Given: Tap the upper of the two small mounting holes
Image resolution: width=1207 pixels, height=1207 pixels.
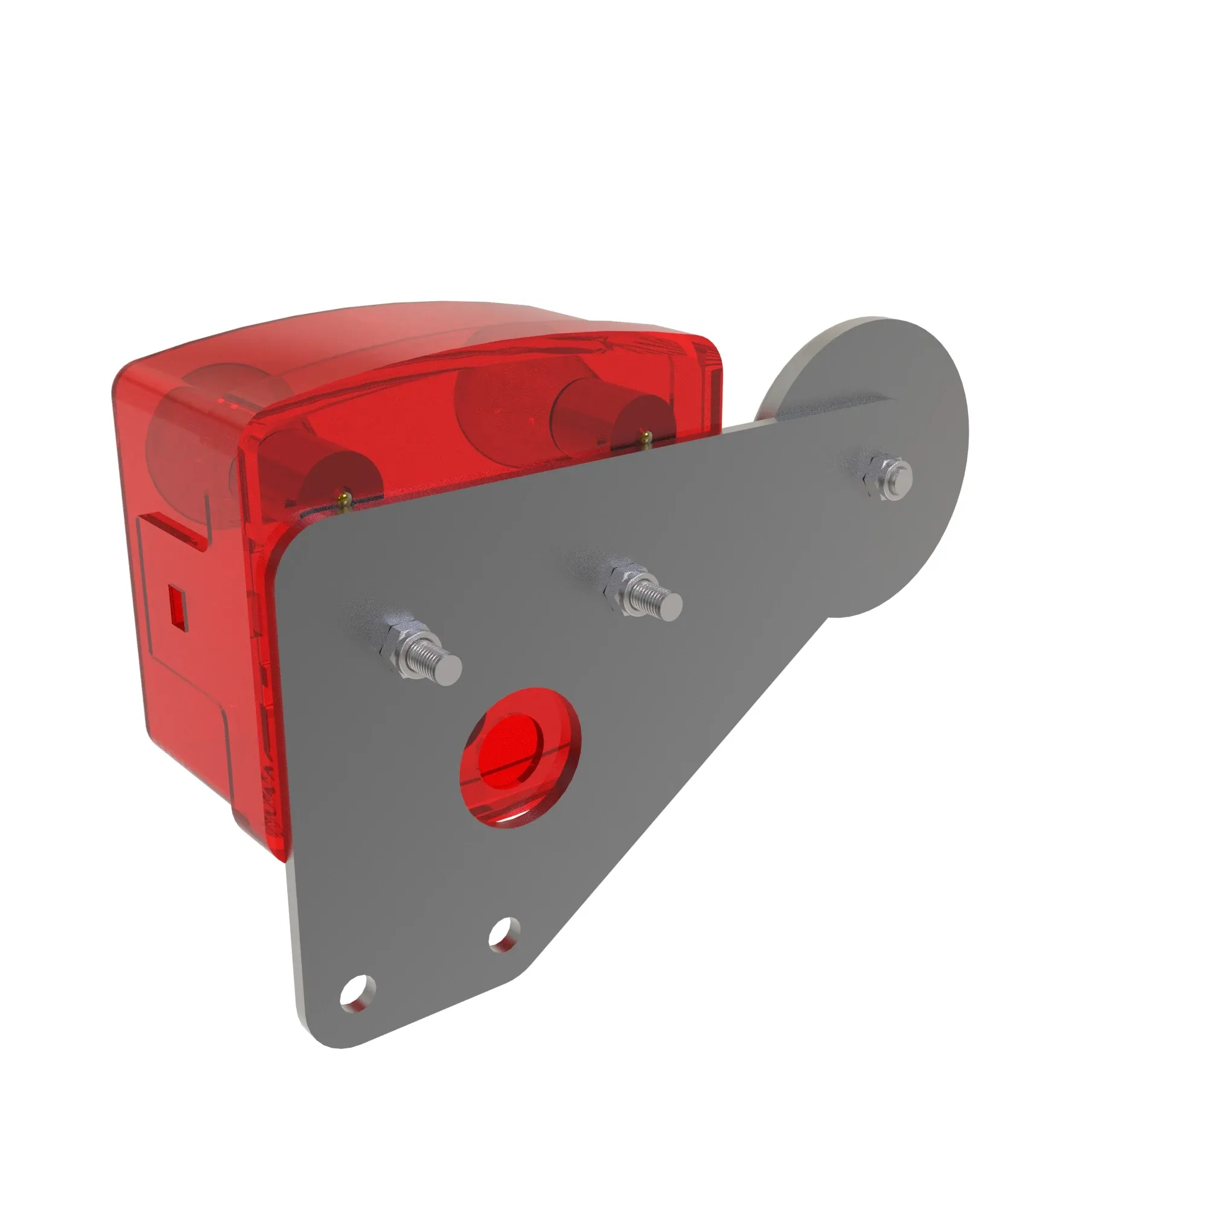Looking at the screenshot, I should point(503,934).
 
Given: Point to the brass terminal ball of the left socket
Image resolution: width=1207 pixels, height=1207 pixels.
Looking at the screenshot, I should point(343,497).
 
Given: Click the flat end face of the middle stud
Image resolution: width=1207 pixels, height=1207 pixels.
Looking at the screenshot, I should point(672,603).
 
